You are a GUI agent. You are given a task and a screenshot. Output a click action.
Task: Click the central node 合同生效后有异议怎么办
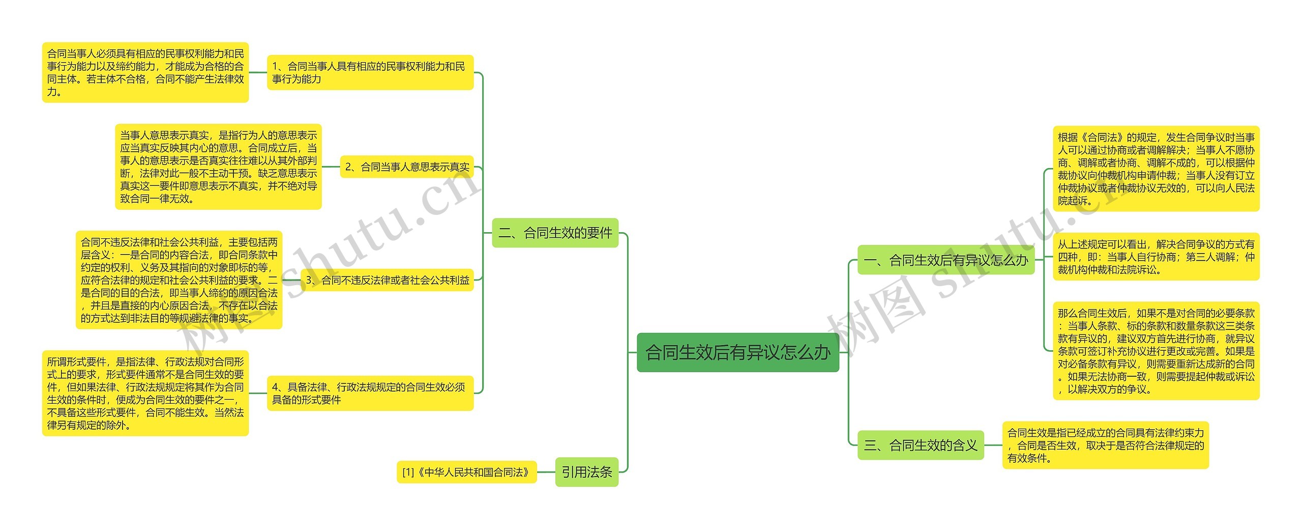click(x=737, y=352)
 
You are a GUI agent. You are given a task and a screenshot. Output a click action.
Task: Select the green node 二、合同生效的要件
click(x=555, y=233)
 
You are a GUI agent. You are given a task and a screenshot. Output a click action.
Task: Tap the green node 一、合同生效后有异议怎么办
click(x=945, y=260)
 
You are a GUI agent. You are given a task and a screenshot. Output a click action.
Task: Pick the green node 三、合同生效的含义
click(x=921, y=446)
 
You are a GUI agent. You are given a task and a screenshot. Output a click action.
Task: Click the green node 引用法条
click(x=586, y=472)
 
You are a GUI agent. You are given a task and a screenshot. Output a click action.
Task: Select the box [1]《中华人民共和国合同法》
click(x=466, y=472)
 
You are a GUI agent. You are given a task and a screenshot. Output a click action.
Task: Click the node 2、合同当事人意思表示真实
click(x=406, y=166)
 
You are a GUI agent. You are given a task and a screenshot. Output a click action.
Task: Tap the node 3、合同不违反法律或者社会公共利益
click(x=387, y=280)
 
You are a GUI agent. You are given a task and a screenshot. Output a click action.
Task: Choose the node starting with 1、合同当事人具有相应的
click(x=370, y=72)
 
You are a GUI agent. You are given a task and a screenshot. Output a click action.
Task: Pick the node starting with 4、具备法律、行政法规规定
click(x=370, y=393)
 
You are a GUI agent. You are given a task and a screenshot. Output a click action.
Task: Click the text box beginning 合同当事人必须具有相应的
click(x=145, y=72)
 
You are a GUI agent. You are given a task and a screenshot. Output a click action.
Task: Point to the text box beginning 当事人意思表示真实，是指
click(x=218, y=166)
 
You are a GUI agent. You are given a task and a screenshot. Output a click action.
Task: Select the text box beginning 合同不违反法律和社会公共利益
click(x=179, y=280)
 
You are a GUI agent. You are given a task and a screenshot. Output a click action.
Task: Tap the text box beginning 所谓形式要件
click(x=145, y=393)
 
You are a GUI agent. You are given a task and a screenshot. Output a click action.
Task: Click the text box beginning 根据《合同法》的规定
click(x=1156, y=169)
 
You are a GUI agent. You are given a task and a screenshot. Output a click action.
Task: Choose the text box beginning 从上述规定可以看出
click(x=1156, y=257)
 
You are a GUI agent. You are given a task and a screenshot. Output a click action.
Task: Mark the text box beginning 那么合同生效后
click(x=1156, y=351)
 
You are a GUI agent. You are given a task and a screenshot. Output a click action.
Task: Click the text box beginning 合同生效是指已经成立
click(x=1105, y=446)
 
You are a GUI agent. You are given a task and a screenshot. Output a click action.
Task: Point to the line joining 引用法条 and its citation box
click(x=546, y=472)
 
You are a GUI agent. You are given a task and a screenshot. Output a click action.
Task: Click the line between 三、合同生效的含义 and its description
click(x=993, y=446)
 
